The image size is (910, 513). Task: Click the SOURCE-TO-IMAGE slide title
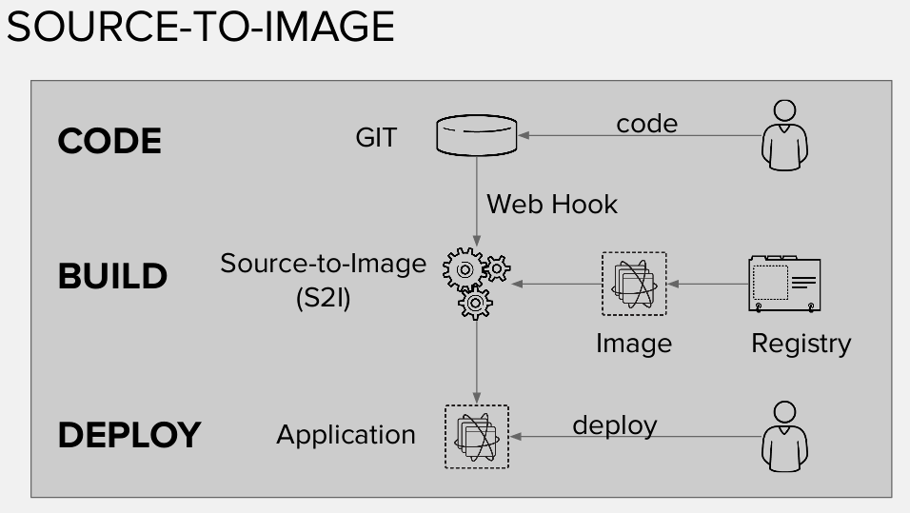tap(200, 27)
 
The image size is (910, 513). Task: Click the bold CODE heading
tap(109, 141)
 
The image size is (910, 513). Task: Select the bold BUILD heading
tap(112, 277)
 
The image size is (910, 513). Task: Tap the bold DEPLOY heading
tap(129, 436)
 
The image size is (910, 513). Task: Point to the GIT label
tap(376, 139)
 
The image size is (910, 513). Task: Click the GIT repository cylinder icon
tap(476, 135)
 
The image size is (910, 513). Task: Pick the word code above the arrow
tap(646, 123)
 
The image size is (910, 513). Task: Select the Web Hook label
tap(552, 204)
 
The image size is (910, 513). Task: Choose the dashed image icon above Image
tap(634, 284)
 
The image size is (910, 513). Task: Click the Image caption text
tap(633, 343)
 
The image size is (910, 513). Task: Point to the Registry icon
tap(784, 284)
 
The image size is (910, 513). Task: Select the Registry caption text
tap(801, 343)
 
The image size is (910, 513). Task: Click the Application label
tap(346, 435)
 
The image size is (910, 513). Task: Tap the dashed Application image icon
tap(476, 437)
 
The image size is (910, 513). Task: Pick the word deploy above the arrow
tap(614, 424)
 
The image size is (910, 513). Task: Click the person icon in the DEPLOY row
tap(785, 436)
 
